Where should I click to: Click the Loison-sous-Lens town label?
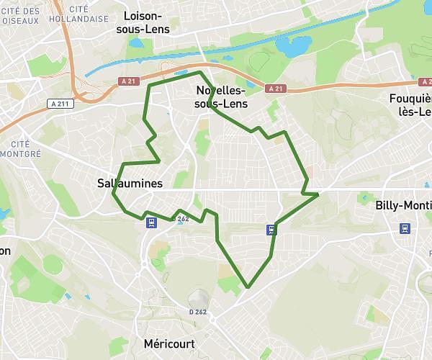click(x=153, y=22)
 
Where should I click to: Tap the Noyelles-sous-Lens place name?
click(x=221, y=97)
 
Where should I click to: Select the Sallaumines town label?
click(x=130, y=184)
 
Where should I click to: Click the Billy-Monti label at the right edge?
click(x=404, y=205)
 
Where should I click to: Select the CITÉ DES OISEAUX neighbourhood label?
click(x=21, y=16)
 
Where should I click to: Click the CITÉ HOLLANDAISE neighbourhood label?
click(x=85, y=14)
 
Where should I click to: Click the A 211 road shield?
click(x=61, y=104)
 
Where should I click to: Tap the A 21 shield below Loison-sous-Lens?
click(x=128, y=81)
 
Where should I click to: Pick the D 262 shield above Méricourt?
click(x=198, y=312)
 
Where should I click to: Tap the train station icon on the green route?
click(x=271, y=230)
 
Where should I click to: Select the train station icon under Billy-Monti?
click(x=405, y=228)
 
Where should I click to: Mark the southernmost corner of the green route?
click(x=248, y=287)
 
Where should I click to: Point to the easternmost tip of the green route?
click(x=318, y=194)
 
